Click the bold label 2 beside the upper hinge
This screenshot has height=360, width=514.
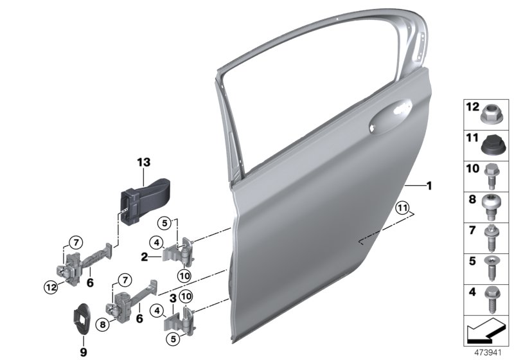click(145, 256)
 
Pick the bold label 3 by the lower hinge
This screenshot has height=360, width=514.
click(173, 298)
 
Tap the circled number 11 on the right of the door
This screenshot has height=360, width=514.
click(402, 208)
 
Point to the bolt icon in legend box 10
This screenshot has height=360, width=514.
click(491, 172)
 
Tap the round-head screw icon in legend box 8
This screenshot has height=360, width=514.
click(491, 203)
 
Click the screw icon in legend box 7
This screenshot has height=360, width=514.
click(491, 235)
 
